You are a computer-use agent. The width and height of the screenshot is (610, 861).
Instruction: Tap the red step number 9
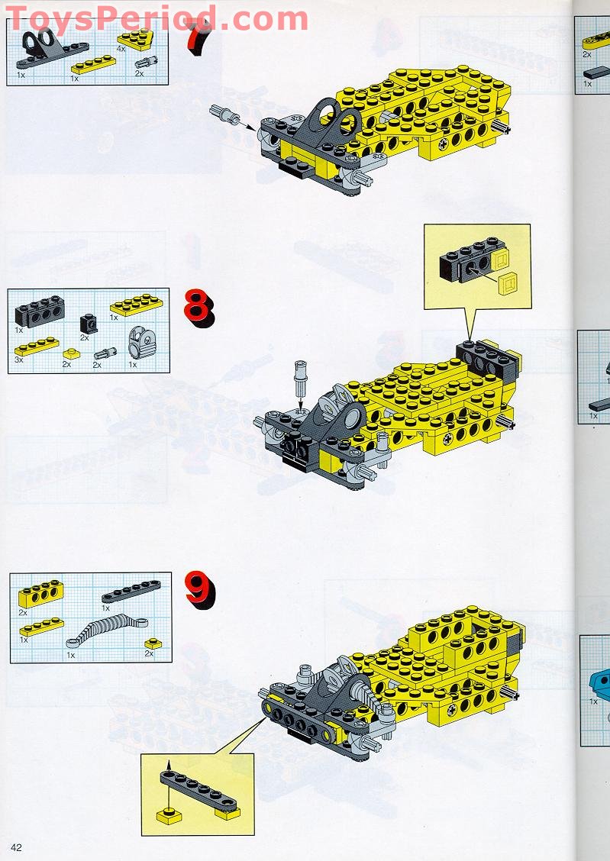[x=199, y=589]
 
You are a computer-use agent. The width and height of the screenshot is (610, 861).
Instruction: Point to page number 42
[x=16, y=846]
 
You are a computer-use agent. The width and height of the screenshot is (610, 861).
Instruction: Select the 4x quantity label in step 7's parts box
[x=120, y=48]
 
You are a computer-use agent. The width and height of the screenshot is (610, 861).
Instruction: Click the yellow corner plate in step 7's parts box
[x=134, y=38]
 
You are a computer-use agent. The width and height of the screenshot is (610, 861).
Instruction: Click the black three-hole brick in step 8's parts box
[x=40, y=311]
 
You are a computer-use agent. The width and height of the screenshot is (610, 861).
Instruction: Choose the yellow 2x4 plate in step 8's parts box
[x=137, y=305]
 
